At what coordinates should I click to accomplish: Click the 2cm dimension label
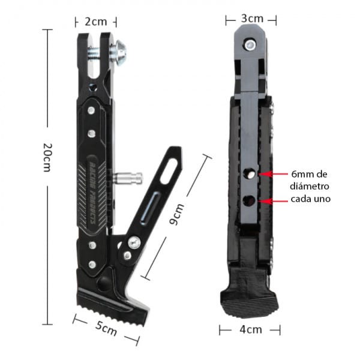96,21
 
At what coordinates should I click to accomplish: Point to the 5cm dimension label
106,328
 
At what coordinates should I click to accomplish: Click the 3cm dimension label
252,19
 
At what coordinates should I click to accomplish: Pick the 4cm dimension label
250,329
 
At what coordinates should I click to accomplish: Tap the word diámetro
310,186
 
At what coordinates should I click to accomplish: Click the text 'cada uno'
310,199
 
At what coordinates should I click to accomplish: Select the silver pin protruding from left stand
128,178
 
